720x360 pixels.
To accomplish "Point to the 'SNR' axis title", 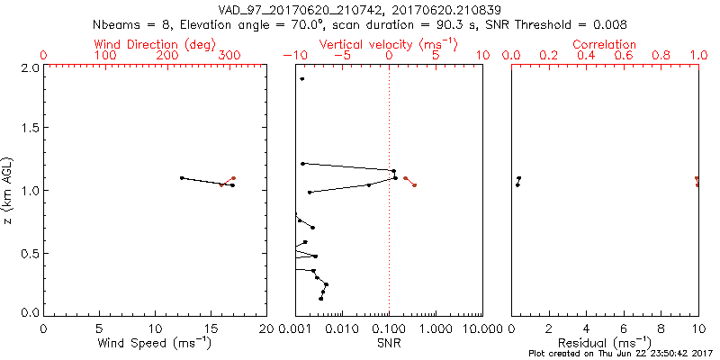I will (x=390, y=343).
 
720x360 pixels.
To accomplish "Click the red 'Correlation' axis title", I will (x=605, y=44).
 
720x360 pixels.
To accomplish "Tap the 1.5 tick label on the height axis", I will (x=29, y=129).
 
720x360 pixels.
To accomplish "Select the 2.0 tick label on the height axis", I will (x=29, y=67).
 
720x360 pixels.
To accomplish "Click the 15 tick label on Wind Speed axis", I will (x=211, y=328).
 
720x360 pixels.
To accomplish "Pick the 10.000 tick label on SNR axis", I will (x=481, y=328).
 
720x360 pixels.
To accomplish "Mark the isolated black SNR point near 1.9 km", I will (x=302, y=79).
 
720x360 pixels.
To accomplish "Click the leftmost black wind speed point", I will (x=182, y=178).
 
